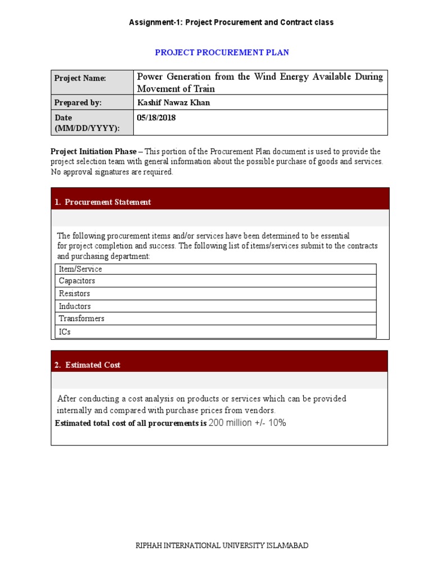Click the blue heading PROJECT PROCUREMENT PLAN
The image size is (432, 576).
(x=222, y=52)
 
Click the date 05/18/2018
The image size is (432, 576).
(x=156, y=118)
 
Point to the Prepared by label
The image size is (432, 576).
(x=78, y=102)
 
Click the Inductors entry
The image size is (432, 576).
(x=75, y=307)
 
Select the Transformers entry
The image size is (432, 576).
(x=82, y=318)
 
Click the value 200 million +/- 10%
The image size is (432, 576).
(x=247, y=423)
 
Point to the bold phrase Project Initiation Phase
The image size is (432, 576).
(x=93, y=151)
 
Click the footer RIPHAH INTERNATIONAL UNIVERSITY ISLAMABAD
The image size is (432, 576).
(x=222, y=546)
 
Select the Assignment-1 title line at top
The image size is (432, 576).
(x=231, y=22)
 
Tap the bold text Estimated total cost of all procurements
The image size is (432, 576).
(x=130, y=424)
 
